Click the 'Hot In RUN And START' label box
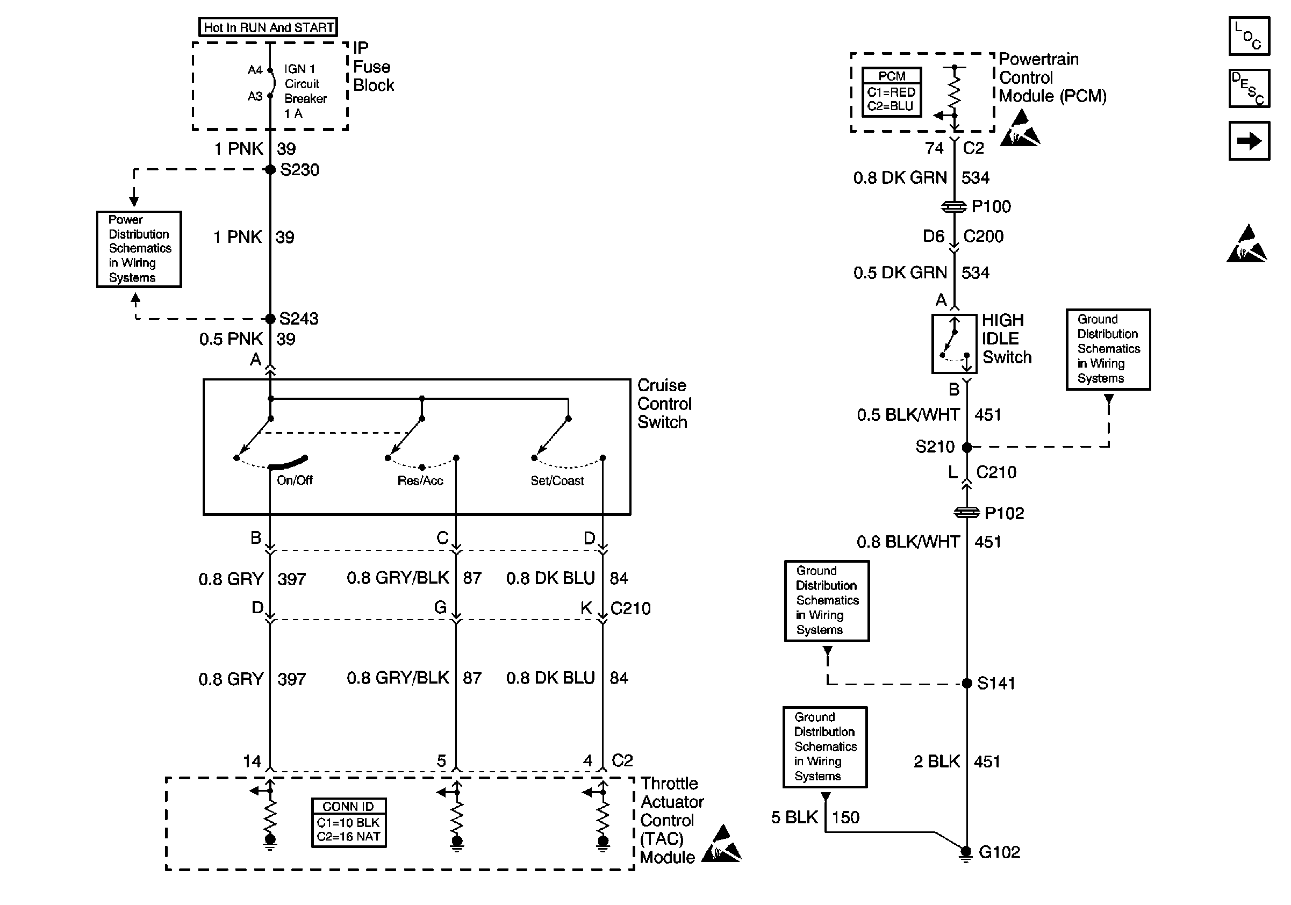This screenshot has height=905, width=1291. pyautogui.click(x=268, y=27)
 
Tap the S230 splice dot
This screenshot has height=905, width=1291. pyautogui.click(x=270, y=169)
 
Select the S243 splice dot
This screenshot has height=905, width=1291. pyautogui.click(x=270, y=319)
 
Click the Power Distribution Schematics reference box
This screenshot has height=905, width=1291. pyautogui.click(x=139, y=249)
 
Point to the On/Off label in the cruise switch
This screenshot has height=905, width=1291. pyautogui.click(x=294, y=480)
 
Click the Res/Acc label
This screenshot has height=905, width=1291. pyautogui.click(x=420, y=480)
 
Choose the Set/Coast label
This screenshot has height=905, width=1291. pyautogui.click(x=557, y=480)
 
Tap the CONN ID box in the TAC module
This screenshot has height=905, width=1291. pyautogui.click(x=349, y=822)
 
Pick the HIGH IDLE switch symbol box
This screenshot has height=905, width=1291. pyautogui.click(x=954, y=343)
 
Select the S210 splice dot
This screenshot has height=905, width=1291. pyautogui.click(x=966, y=448)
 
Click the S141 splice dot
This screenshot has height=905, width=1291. pyautogui.click(x=966, y=684)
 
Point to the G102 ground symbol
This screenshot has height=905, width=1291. pyautogui.click(x=965, y=854)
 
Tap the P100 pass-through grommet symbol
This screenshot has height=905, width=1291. pyautogui.click(x=954, y=207)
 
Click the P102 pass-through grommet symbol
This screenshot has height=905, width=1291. pyautogui.click(x=966, y=513)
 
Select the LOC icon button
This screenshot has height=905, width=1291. pyautogui.click(x=1249, y=37)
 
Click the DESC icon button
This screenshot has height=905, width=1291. pyautogui.click(x=1249, y=88)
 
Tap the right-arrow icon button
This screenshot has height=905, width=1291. pyautogui.click(x=1249, y=140)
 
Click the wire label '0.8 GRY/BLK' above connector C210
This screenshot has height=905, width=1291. pyautogui.click(x=398, y=578)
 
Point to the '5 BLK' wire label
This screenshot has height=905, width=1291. pyautogui.click(x=794, y=817)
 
